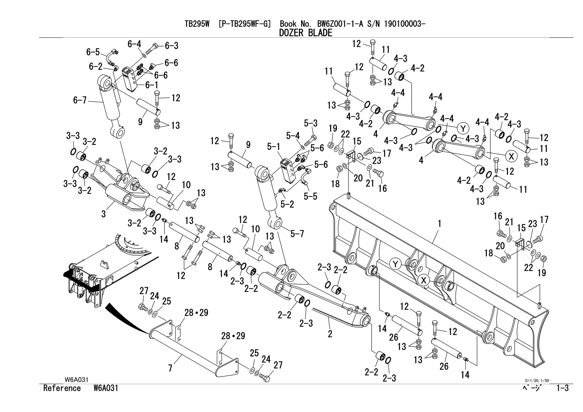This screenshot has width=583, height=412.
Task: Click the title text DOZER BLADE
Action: point(305,33)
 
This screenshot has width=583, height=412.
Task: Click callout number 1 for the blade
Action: point(440,224)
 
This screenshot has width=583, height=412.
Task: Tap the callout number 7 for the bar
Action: point(170,368)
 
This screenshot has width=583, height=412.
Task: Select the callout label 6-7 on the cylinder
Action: point(80,100)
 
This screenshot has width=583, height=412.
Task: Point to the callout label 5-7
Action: point(297,234)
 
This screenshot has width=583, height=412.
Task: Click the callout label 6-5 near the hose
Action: point(93,52)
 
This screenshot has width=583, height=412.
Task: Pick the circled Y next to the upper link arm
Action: point(463,129)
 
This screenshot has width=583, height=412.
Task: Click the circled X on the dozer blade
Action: point(424,281)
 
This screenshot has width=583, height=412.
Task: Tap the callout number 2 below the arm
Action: point(330,334)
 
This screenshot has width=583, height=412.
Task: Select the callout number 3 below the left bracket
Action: point(104,214)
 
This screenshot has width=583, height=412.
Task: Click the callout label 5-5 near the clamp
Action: point(310,196)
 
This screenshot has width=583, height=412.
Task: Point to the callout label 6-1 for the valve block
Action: point(152,85)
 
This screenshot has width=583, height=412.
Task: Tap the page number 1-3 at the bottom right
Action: point(562,388)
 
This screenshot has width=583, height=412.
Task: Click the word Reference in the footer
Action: point(62,388)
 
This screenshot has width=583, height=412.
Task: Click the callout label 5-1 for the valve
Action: point(274,147)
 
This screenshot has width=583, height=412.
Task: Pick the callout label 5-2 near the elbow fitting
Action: point(287,204)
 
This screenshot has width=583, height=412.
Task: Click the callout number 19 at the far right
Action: point(542,273)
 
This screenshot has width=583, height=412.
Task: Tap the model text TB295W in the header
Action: point(197,24)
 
